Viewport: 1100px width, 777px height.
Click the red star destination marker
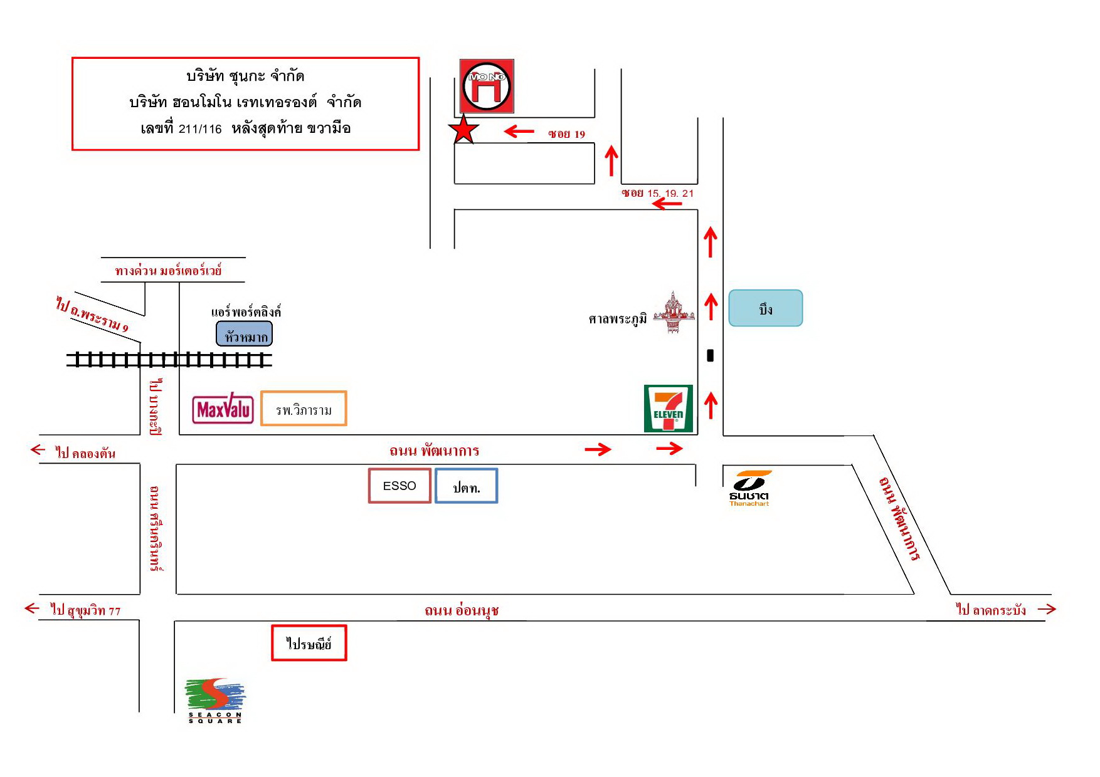coord(463,130)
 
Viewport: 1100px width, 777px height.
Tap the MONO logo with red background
coord(487,86)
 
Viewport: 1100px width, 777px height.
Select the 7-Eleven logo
coord(669,409)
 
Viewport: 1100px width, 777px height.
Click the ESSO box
coord(399,486)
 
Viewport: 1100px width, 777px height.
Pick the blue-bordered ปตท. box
coord(467,486)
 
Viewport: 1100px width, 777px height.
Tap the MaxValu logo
coord(223,409)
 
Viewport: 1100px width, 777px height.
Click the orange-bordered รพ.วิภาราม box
coord(304,409)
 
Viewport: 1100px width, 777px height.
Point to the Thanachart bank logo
coord(749,488)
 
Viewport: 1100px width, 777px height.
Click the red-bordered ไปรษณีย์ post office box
coord(309,643)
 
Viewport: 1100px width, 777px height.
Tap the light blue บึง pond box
coord(766,308)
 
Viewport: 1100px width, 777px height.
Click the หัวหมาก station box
coord(245,334)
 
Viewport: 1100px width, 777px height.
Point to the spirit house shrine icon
coord(674,312)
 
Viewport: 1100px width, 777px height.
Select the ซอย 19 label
coord(566,133)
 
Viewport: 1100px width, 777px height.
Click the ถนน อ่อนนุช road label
coord(462,610)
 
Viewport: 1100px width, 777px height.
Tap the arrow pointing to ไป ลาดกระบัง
coord(1047,608)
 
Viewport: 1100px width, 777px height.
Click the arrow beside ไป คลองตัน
coord(38,449)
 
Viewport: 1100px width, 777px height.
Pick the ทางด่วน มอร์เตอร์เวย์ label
coord(168,271)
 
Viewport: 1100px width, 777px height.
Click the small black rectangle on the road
coord(711,355)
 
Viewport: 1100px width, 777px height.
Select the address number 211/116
coord(200,129)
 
